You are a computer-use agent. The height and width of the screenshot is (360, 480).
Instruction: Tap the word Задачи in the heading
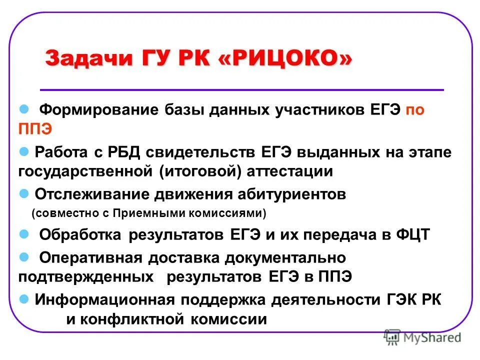[80, 58]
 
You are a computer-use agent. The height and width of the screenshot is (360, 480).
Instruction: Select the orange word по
[414, 110]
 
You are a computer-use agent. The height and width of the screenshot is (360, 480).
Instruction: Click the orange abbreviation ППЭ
[35, 128]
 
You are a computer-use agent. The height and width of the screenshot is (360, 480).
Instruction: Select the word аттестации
[290, 171]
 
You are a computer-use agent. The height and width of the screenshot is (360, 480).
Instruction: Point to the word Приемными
[144, 213]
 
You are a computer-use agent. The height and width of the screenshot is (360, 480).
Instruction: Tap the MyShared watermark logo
[422, 337]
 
